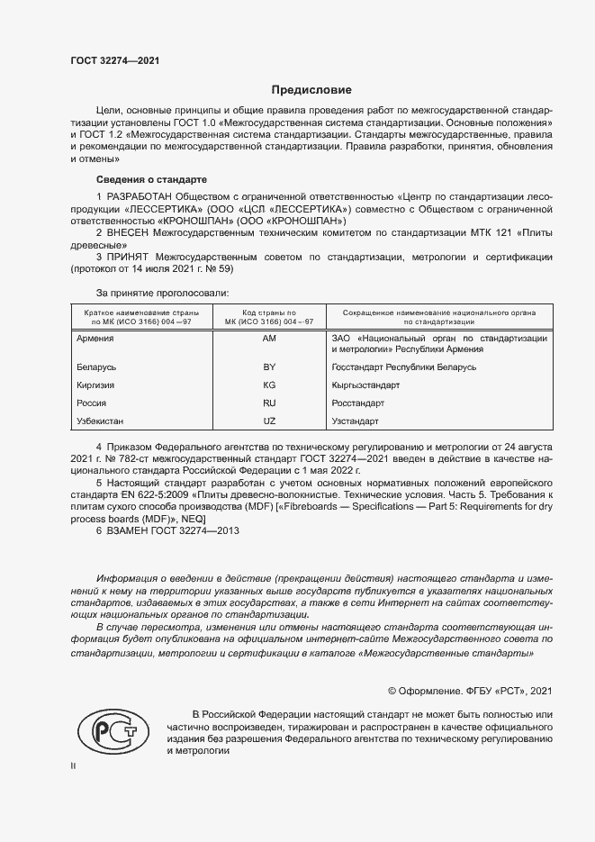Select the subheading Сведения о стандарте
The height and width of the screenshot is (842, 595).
tap(151, 179)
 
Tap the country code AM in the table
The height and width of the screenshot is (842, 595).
tap(268, 339)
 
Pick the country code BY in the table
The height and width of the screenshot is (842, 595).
tap(268, 367)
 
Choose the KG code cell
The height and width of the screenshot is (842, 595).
tap(268, 385)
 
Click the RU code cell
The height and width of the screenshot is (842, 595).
tap(268, 403)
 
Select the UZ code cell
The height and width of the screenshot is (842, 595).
tap(268, 421)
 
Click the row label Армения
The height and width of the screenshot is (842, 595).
tap(96, 339)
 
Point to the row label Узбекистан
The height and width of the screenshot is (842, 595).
tap(102, 421)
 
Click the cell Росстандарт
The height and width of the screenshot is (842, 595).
tap(358, 403)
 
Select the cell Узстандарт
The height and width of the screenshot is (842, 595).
tap(356, 421)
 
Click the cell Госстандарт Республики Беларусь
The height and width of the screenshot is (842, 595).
tap(404, 367)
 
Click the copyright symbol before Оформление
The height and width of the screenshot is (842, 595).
tap(392, 691)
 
